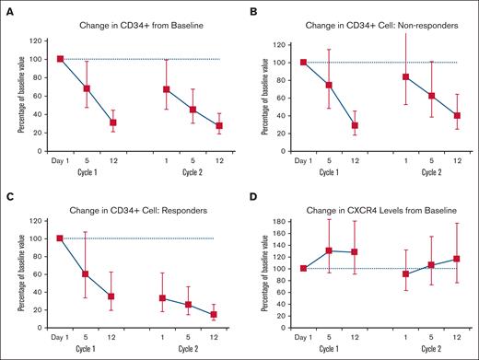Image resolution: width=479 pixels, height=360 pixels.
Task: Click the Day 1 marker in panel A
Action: pos(61,59)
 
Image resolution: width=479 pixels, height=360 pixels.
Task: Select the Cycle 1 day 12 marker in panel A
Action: pos(113,122)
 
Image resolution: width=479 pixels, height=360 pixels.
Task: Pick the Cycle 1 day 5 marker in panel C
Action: pos(87,274)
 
